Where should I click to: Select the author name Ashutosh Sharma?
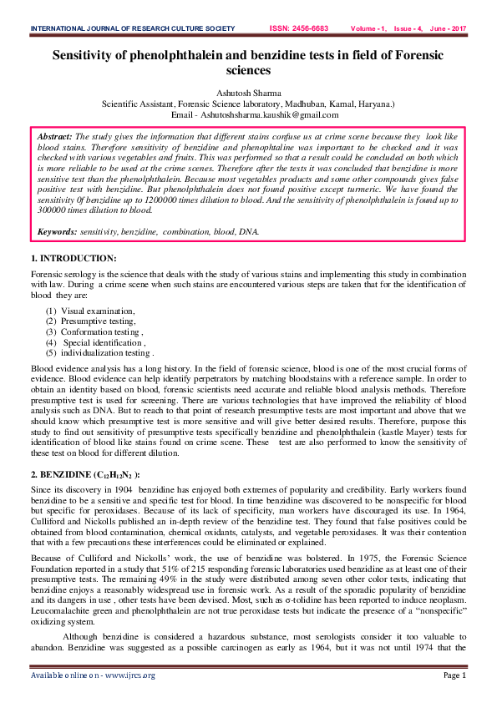pyautogui.click(x=248, y=93)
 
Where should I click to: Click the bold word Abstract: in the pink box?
pyautogui.click(x=55, y=135)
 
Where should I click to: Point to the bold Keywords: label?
pyautogui.click(x=58, y=231)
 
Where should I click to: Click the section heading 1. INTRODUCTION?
pyautogui.click(x=74, y=258)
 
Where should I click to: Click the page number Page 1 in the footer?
pyautogui.click(x=454, y=675)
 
